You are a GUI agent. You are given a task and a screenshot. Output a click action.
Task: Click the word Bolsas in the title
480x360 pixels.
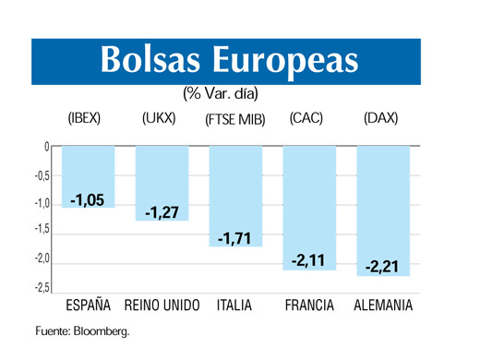(x=151, y=60)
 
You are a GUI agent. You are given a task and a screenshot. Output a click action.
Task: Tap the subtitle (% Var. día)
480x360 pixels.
(x=221, y=93)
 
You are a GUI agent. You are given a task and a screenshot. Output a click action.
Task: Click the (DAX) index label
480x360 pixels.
(x=381, y=118)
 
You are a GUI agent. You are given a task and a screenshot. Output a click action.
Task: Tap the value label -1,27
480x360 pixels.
(x=162, y=212)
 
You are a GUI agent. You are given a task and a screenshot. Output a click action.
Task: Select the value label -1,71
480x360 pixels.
(x=236, y=239)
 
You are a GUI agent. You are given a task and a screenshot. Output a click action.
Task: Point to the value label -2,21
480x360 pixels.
(x=383, y=268)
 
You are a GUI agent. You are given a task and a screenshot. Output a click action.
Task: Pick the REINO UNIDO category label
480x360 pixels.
(x=162, y=306)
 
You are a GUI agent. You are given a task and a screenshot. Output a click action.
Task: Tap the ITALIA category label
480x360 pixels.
(x=236, y=306)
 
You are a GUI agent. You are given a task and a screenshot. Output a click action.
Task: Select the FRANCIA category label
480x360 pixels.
(x=310, y=306)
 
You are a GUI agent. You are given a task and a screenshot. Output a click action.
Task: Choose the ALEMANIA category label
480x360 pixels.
(x=384, y=306)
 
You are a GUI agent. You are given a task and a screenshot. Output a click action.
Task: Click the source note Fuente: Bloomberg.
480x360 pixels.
(x=82, y=330)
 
